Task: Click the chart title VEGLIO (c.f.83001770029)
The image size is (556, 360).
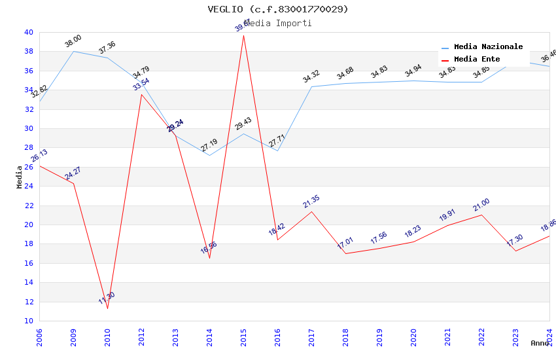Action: click(278, 9)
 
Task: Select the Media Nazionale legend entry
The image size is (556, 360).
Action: click(488, 47)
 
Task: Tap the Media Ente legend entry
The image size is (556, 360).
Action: click(477, 60)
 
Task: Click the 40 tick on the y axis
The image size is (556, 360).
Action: click(28, 32)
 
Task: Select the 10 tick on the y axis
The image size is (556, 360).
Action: click(28, 321)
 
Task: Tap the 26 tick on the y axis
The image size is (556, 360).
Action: click(28, 167)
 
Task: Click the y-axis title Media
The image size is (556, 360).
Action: click(20, 177)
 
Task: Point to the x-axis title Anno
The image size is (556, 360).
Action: click(540, 343)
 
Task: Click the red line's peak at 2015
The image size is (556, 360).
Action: click(243, 35)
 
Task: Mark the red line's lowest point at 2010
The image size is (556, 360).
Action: click(107, 308)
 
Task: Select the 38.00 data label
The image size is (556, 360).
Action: click(73, 42)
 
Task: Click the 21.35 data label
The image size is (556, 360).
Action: click(311, 202)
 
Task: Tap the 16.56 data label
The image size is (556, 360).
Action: click(209, 247)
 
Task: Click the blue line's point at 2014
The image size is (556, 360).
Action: click(209, 155)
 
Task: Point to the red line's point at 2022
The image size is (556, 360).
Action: click(481, 215)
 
